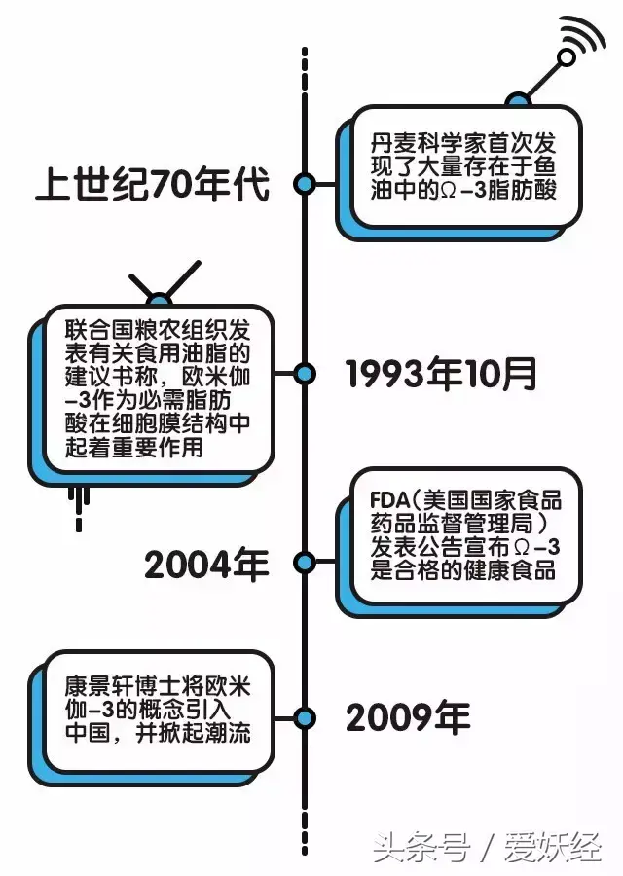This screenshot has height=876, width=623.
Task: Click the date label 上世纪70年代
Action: [x=153, y=183]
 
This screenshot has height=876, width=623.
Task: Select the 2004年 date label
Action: [x=206, y=565]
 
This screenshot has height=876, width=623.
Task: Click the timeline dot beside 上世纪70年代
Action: [x=305, y=184]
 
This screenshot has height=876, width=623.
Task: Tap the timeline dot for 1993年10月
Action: [x=305, y=374]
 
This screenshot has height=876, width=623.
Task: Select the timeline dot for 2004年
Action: [x=305, y=563]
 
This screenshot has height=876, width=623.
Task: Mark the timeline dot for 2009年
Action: [x=305, y=718]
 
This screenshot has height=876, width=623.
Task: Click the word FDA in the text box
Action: [x=390, y=500]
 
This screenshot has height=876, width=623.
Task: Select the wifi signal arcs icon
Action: [x=584, y=35]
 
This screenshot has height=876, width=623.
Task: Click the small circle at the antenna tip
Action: [x=567, y=57]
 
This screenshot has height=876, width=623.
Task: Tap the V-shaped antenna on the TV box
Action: [x=164, y=280]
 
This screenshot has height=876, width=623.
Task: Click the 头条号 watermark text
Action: [x=421, y=848]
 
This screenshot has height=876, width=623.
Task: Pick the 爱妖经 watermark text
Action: [x=553, y=848]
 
